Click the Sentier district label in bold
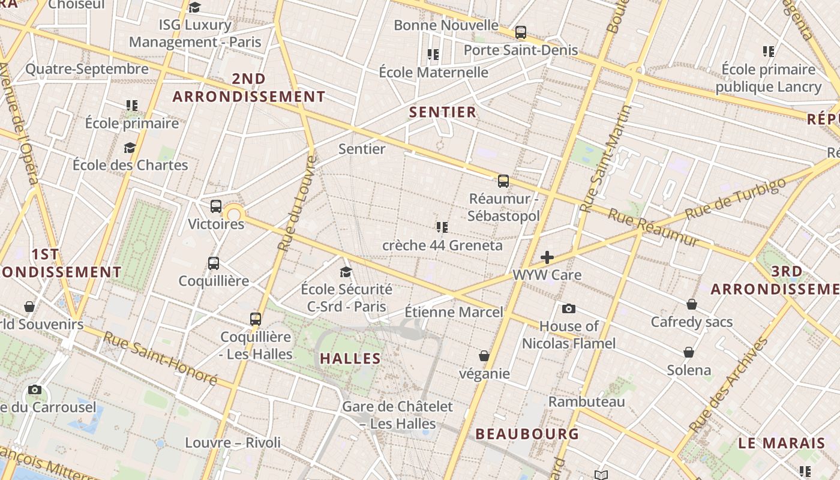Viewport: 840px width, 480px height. tap(442, 112)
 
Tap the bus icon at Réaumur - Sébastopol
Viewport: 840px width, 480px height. tap(503, 181)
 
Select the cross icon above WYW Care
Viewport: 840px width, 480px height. tap(547, 257)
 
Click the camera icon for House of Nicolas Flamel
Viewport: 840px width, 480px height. tap(568, 308)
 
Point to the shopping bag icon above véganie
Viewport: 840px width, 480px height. tap(484, 356)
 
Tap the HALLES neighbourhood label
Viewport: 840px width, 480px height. tap(350, 358)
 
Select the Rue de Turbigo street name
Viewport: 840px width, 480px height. tap(735, 198)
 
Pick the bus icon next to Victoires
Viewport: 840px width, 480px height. tap(216, 206)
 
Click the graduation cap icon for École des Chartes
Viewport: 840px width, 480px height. tap(130, 148)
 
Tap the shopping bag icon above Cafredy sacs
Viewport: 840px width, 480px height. tap(692, 304)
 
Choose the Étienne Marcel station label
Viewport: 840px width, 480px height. tap(454, 312)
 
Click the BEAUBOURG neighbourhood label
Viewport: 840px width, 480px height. tap(527, 433)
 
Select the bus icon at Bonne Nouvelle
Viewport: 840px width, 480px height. tap(520, 32)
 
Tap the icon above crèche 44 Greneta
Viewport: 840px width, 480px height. tap(442, 227)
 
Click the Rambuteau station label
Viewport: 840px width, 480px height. tap(587, 401)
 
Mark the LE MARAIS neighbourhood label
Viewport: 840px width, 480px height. tap(781, 443)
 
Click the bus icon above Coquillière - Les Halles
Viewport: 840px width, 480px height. tap(256, 319)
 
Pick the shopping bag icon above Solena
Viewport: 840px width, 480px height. tap(689, 352)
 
